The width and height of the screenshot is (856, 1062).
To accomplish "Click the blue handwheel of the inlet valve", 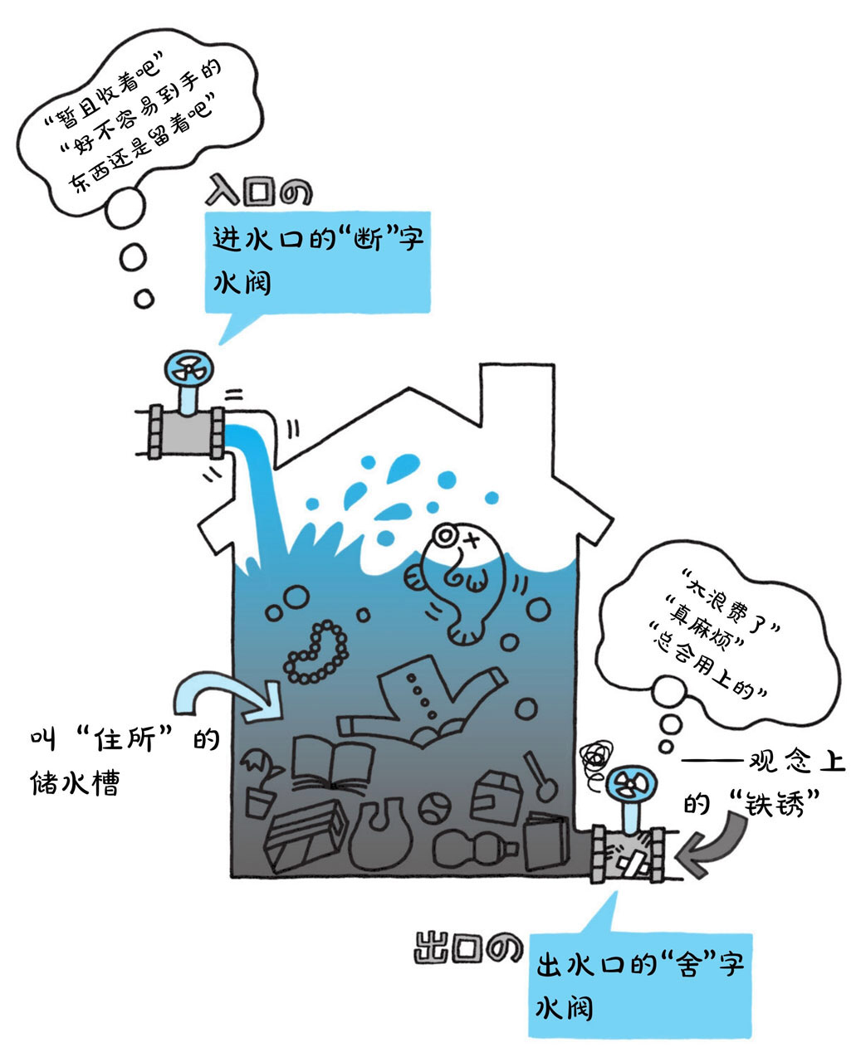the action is (189, 368).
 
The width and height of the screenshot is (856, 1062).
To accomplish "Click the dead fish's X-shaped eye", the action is (472, 541).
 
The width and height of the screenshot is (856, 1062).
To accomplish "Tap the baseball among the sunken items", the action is (435, 808).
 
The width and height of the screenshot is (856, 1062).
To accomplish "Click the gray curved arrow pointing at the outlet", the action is (712, 845).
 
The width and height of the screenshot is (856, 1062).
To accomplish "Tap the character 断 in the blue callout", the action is (369, 240).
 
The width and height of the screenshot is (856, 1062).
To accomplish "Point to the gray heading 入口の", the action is (259, 190).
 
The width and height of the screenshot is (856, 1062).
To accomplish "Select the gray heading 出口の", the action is (467, 948).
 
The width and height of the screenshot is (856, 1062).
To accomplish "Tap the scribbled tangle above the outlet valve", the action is (596, 759).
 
